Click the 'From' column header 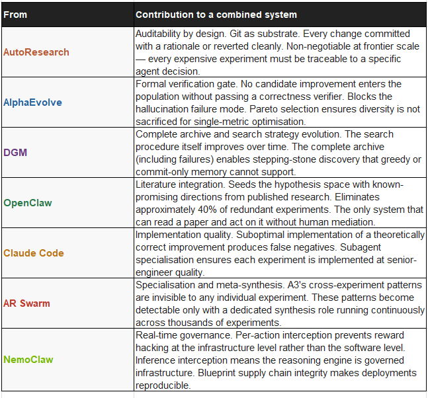[x=15, y=15]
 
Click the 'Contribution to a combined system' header [x=216, y=15]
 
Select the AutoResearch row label [x=36, y=52]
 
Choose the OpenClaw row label [x=28, y=203]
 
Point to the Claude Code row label [x=34, y=253]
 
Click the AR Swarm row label [x=26, y=303]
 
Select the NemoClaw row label [x=29, y=360]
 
